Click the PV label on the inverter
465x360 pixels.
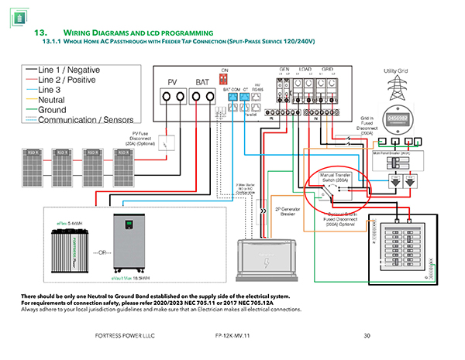pos(174,82)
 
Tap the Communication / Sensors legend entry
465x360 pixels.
pos(86,119)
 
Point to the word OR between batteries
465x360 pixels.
pos(95,252)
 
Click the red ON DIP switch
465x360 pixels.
pos(225,78)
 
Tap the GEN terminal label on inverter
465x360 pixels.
pos(285,69)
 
